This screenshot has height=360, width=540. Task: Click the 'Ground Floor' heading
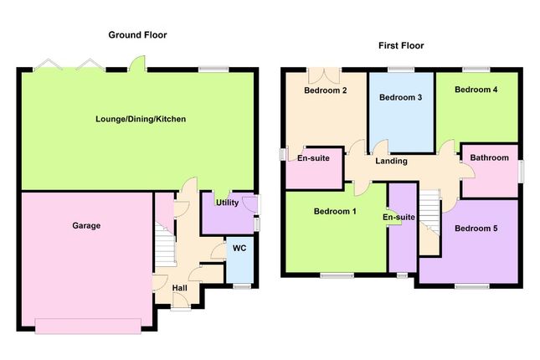(x=138, y=35)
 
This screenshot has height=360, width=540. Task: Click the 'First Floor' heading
(x=401, y=45)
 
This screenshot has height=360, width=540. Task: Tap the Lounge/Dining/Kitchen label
(x=140, y=120)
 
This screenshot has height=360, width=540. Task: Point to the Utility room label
(x=228, y=203)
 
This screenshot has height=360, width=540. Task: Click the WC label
(x=239, y=248)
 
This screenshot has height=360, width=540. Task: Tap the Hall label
(x=180, y=288)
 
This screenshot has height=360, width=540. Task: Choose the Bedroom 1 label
(x=335, y=212)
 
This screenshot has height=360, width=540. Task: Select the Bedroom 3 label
(x=400, y=98)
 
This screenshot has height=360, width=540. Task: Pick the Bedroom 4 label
(x=476, y=89)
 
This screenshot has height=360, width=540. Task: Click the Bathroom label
(x=489, y=157)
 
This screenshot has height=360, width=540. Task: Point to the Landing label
(x=391, y=161)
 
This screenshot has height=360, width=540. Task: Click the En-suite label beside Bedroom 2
(x=314, y=157)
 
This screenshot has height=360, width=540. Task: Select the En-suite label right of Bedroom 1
(x=399, y=218)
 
